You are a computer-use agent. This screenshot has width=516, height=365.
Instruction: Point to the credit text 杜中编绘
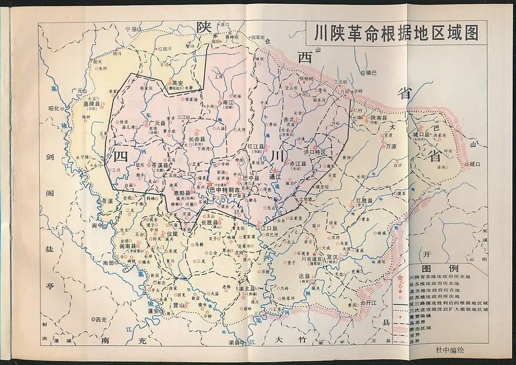tap(450, 349)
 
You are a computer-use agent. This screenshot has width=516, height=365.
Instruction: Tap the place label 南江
tap(228, 103)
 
